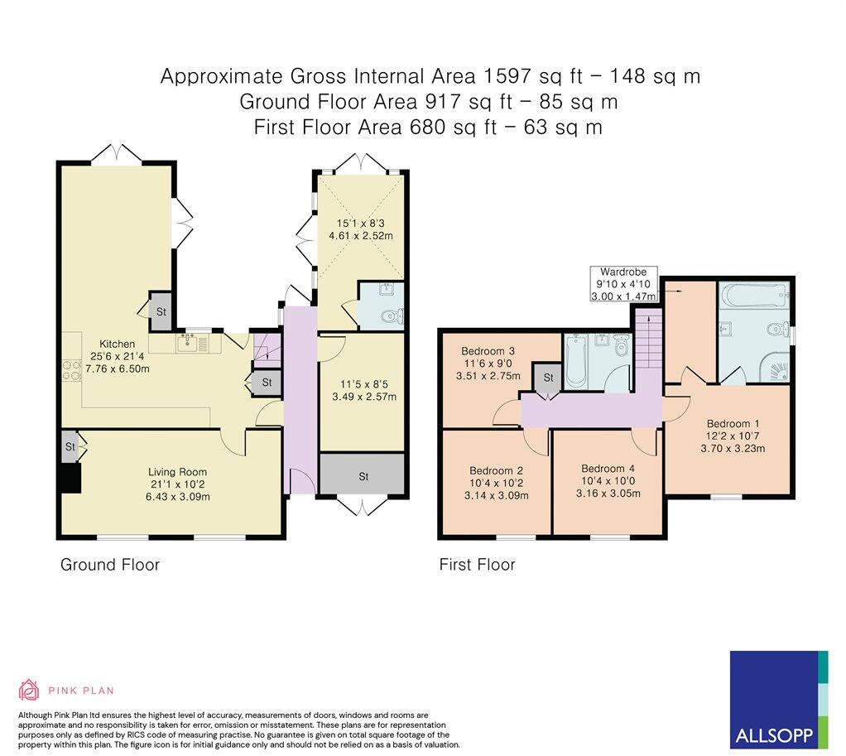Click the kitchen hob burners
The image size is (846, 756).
(68, 374)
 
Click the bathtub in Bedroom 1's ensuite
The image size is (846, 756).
(752, 295)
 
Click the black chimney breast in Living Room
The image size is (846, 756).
(70, 478)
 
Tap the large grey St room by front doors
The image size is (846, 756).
(363, 475)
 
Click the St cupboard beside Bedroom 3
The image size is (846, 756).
(547, 378)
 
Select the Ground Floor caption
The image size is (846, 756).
(109, 565)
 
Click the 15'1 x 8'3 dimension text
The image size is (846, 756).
(363, 222)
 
